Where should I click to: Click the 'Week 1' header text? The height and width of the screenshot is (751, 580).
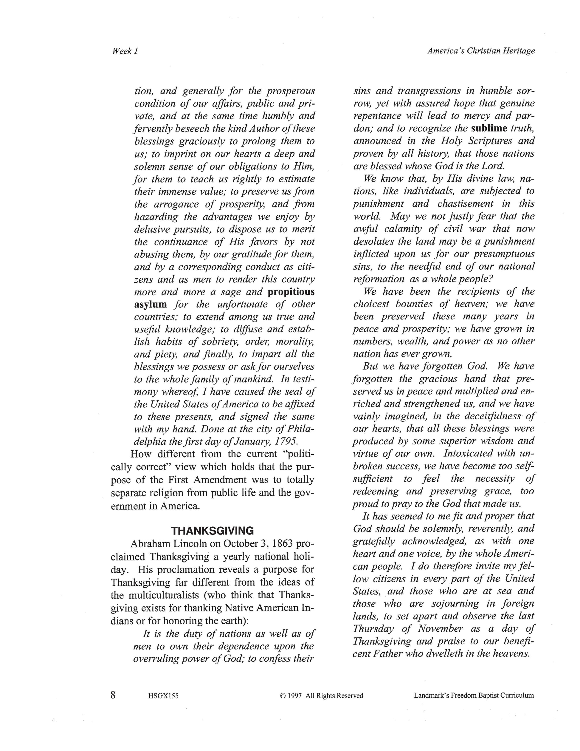click(125, 51)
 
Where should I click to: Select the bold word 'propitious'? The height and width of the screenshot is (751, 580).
click(291, 292)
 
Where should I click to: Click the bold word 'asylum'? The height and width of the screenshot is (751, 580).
click(151, 304)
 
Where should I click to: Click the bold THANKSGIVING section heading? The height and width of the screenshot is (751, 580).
click(212, 531)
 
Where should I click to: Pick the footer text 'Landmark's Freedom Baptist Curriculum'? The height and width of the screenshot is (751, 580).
click(474, 696)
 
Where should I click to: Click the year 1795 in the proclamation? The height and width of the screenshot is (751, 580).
click(287, 441)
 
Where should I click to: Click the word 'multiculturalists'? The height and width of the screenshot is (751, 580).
click(169, 595)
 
